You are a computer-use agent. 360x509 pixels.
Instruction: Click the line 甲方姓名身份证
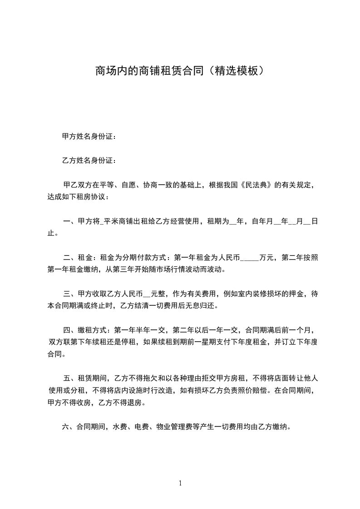click(x=89, y=136)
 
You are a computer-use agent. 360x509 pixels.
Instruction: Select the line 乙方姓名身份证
click(x=89, y=160)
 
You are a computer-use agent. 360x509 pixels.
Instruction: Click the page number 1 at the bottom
click(x=180, y=484)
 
